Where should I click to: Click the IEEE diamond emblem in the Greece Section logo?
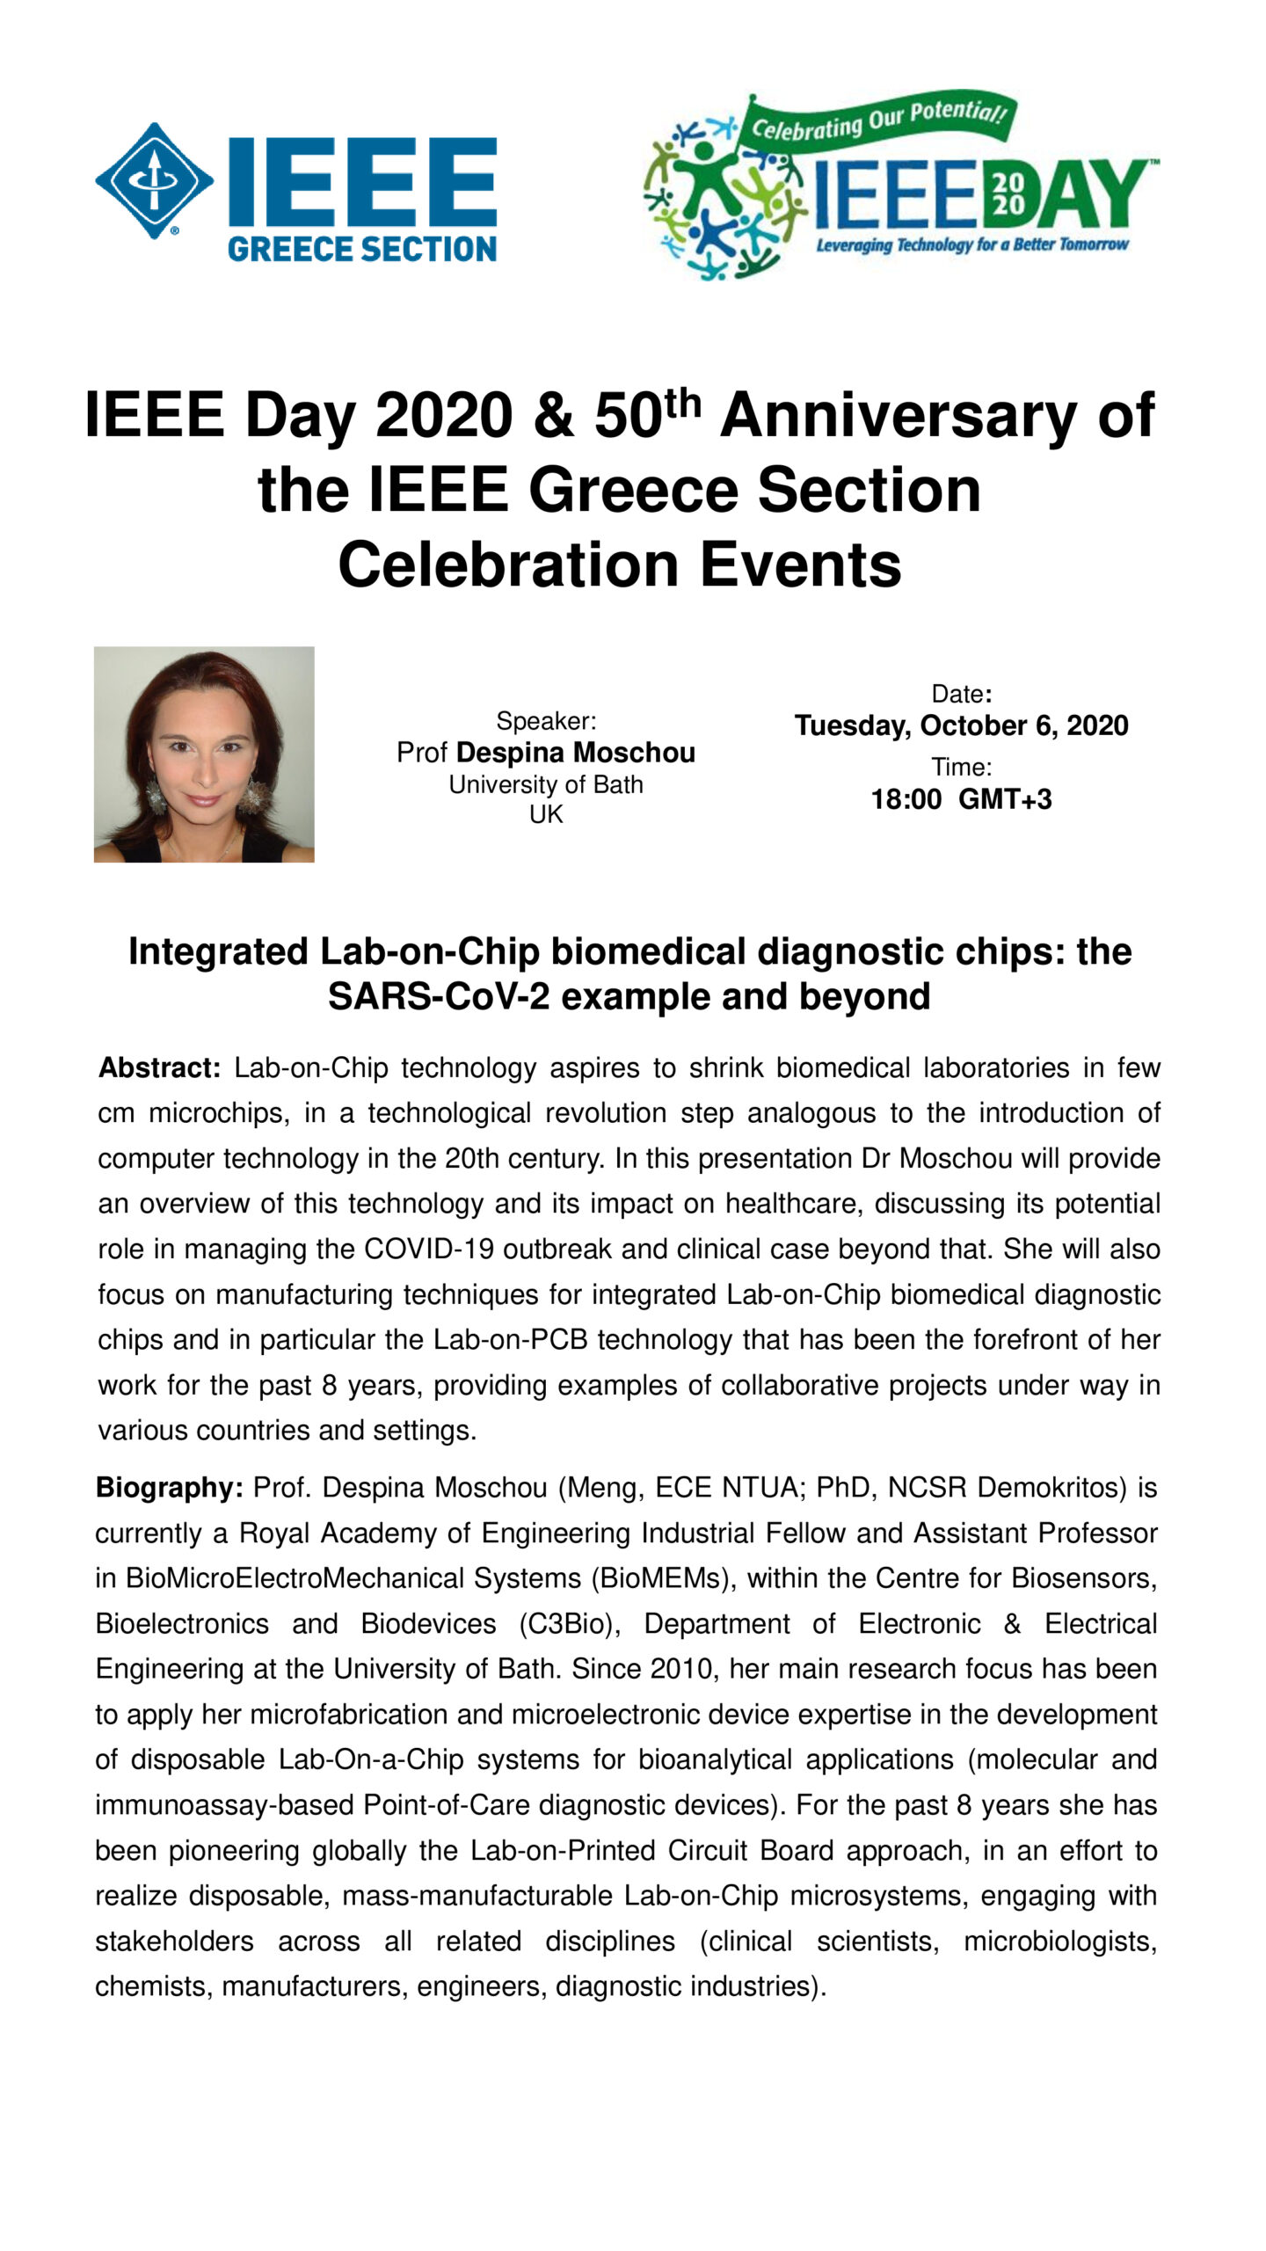coord(154,180)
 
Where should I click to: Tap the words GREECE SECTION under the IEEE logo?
coord(362,249)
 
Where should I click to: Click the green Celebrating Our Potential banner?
coord(877,121)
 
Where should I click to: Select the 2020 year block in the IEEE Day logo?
coord(1008,193)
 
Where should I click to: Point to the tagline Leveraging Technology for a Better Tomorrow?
coord(971,244)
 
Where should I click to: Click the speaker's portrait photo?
coord(204,754)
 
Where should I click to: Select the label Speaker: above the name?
coord(546,721)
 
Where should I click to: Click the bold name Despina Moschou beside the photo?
coord(575,753)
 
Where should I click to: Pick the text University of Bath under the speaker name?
coord(546,784)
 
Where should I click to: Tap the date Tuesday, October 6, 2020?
coord(961,725)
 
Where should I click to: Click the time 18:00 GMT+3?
coord(961,799)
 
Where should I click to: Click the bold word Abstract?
coord(159,1067)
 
